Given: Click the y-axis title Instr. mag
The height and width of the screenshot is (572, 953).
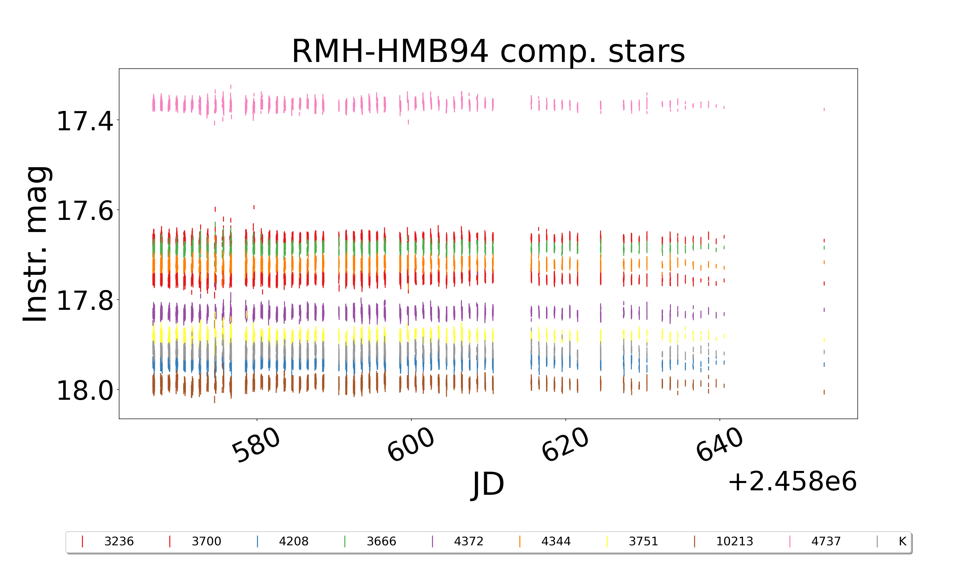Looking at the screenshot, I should [x=36, y=244].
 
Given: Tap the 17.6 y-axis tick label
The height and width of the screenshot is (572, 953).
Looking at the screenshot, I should [x=85, y=211].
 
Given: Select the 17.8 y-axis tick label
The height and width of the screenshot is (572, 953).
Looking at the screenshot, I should [x=85, y=301].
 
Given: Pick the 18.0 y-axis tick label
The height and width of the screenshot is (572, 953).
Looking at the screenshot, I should [x=85, y=391].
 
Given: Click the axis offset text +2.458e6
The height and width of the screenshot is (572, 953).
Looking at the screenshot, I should [x=792, y=481].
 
